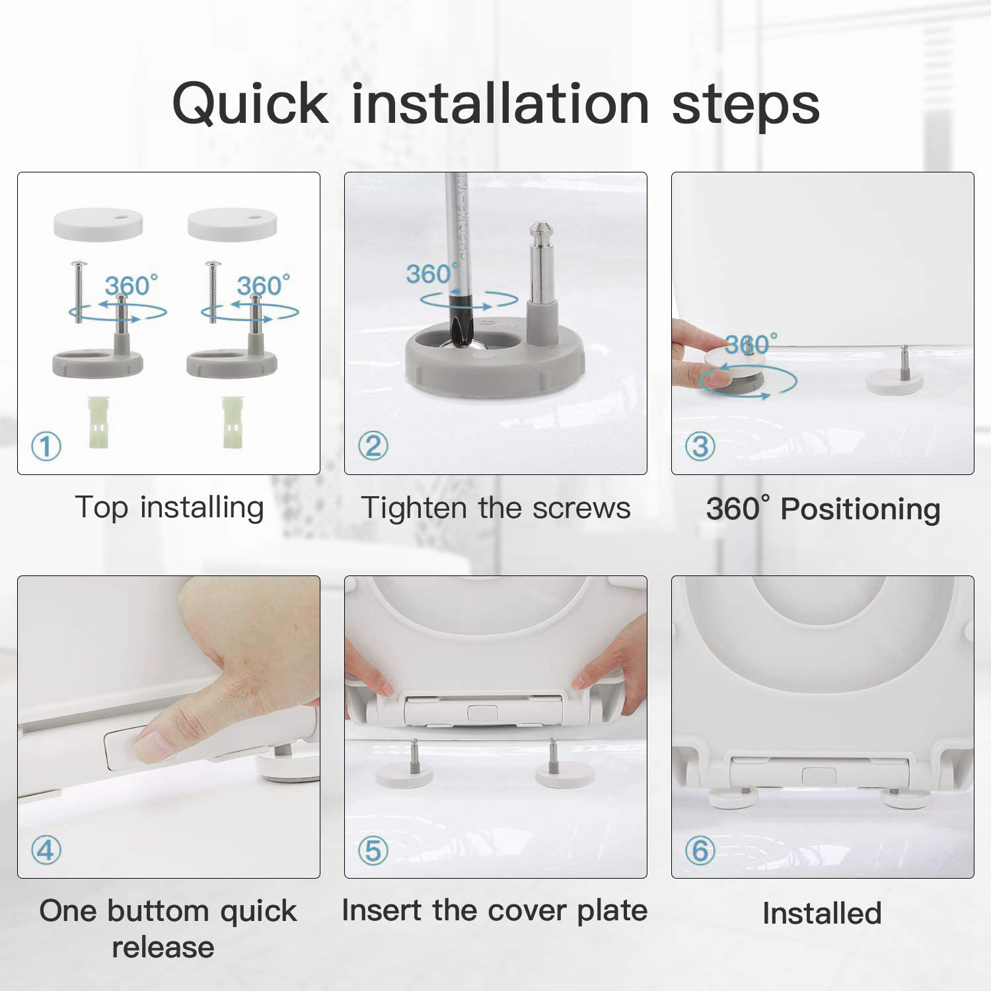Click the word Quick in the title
tap(250, 104)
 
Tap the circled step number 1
tap(46, 447)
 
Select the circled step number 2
tap(373, 447)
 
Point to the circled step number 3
tap(700, 447)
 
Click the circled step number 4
tap(46, 850)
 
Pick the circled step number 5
tap(373, 850)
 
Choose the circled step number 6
tap(700, 850)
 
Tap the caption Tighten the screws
tap(495, 508)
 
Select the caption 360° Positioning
tap(823, 509)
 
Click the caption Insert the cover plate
tap(495, 910)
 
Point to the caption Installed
tap(823, 914)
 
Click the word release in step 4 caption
tap(163, 947)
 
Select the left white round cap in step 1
tap(98, 224)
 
